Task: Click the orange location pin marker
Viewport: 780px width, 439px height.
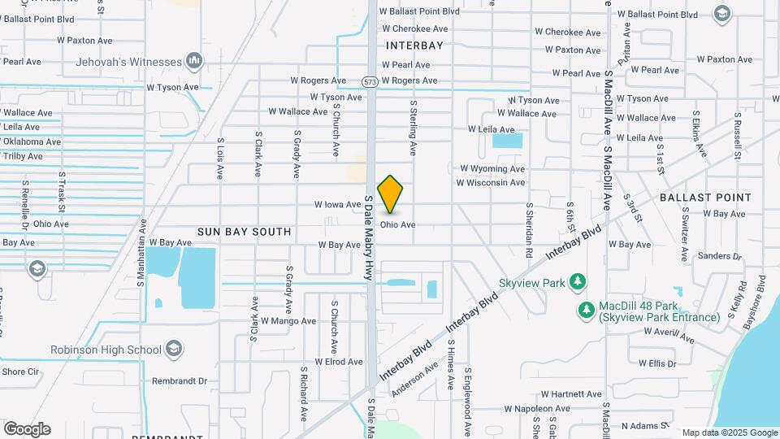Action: coord(390,193)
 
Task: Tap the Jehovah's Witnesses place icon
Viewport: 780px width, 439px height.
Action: coord(193,61)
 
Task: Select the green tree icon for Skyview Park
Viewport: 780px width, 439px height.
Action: coord(577,281)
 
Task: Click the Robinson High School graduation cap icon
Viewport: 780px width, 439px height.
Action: coord(172,350)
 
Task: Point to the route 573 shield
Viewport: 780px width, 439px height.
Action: coord(370,81)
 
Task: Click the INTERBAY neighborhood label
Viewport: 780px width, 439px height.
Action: coord(415,46)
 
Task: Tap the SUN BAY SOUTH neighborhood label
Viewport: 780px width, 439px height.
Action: coord(244,232)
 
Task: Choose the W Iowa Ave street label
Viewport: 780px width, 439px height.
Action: coord(337,205)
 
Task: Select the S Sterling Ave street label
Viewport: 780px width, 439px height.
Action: coord(413,128)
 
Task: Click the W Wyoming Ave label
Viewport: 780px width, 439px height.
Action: coord(492,168)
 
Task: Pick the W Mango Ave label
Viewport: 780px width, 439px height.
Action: coord(287,321)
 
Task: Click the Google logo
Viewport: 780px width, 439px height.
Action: coord(27,429)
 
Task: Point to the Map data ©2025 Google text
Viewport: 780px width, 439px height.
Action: coord(729,432)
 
